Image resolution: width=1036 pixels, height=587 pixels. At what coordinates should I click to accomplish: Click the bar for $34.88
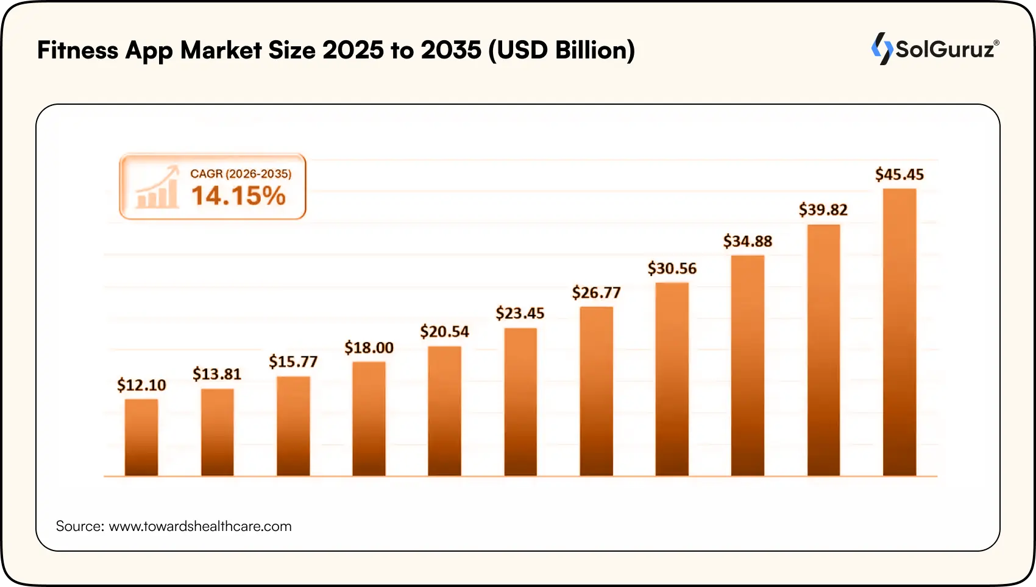[748, 365]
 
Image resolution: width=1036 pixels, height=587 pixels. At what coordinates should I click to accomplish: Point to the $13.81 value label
[217, 374]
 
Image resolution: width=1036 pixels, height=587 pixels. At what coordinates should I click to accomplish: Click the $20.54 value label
[444, 332]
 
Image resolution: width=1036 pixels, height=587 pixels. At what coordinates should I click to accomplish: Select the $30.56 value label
[672, 269]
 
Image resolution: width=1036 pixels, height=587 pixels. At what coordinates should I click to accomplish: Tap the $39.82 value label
[823, 210]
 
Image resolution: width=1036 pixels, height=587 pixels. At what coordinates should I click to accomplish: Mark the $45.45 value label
[899, 175]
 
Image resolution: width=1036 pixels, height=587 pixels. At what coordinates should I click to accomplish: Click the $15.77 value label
[293, 362]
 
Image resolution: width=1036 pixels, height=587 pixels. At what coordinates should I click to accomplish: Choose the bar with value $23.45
[520, 402]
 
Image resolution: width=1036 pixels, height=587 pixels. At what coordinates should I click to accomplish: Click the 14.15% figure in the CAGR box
[238, 196]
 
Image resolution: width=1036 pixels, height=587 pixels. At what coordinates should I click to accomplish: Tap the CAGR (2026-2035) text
[241, 174]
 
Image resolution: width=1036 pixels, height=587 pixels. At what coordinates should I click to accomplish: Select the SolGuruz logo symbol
[881, 49]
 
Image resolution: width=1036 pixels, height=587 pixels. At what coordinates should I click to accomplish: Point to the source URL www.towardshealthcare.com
[200, 526]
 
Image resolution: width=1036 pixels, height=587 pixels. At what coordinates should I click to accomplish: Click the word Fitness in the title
[77, 50]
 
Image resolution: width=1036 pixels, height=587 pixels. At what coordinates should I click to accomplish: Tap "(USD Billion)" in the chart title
[561, 50]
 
